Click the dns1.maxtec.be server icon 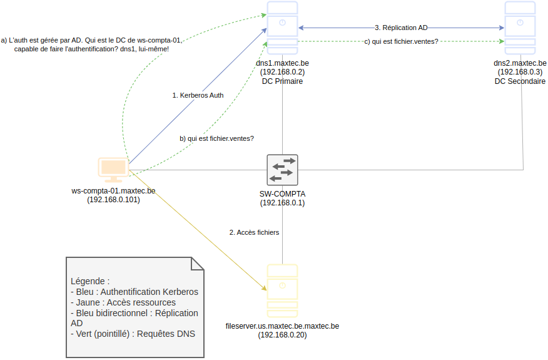coord(282,29)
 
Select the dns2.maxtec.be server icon coord(520,29)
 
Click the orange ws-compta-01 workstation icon coord(113,170)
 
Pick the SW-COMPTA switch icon coord(282,169)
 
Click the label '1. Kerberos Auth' coord(198,95)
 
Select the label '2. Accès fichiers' coord(254,232)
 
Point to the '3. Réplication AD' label coord(401,28)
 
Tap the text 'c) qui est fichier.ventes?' coord(401,42)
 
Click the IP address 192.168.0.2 coord(282,72)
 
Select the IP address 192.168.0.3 coord(520,72)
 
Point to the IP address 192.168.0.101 coord(113,200)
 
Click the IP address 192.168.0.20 coord(282,335)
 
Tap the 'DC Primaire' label coord(282,81)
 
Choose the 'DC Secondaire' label coord(520,81)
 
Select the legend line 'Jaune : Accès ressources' coord(123,302)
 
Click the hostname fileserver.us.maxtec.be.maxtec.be coord(282,326)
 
